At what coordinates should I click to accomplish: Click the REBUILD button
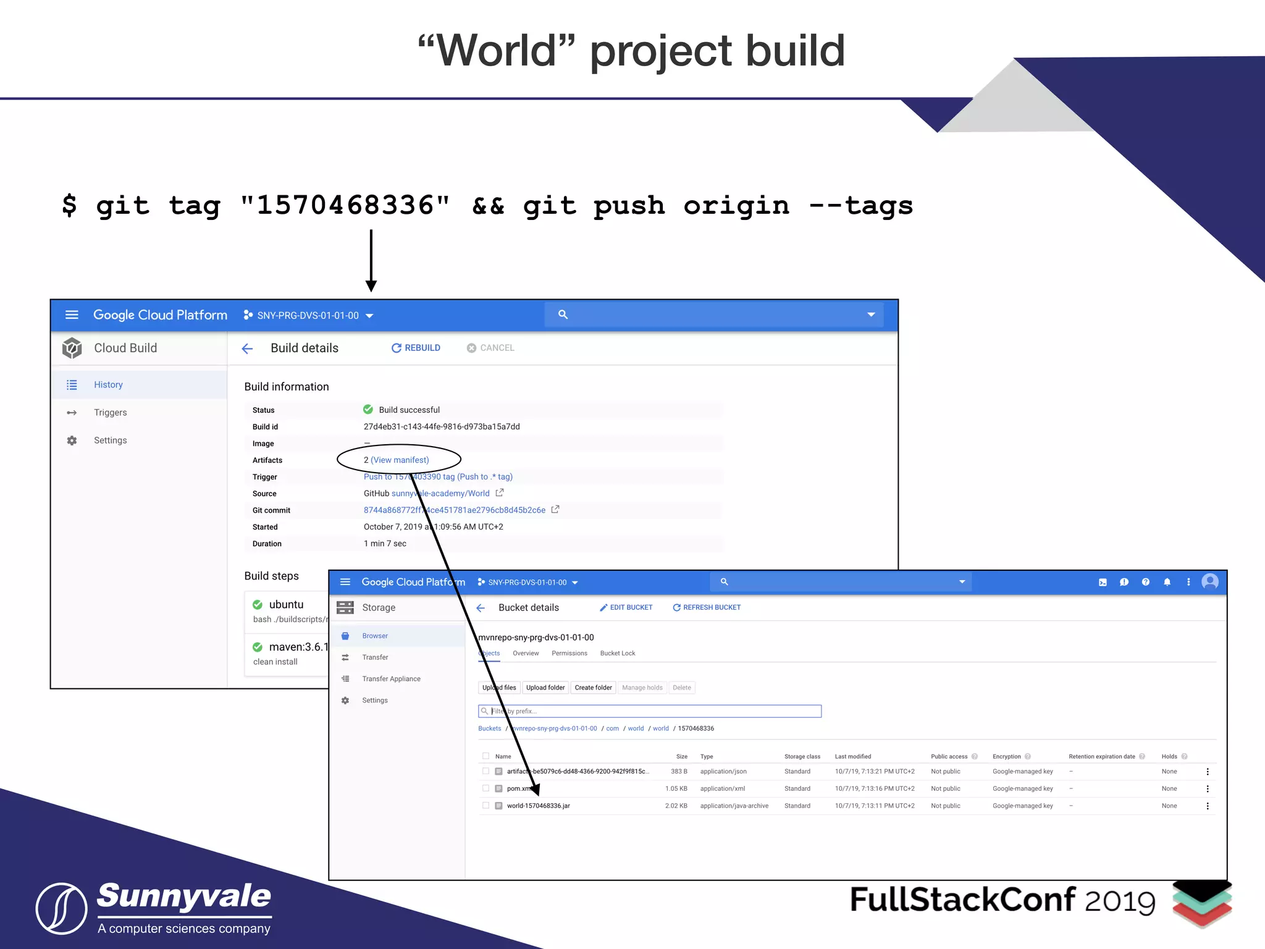pos(416,348)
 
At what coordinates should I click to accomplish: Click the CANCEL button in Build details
pos(490,348)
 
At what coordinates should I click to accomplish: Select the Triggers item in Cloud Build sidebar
pos(110,412)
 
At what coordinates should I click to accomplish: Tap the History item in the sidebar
pos(108,384)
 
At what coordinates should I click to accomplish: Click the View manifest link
pos(400,460)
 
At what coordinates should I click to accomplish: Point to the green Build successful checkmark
pos(368,410)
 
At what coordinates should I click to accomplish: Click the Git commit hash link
pos(454,510)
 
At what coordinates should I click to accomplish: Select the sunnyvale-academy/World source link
pos(440,493)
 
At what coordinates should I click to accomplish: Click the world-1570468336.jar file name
pos(538,806)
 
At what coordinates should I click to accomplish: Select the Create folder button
pos(593,688)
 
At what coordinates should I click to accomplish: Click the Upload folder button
pos(545,688)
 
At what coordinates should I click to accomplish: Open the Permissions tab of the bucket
pos(569,653)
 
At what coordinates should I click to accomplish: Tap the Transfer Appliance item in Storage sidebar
pos(391,678)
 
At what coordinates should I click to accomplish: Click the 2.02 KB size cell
pos(676,806)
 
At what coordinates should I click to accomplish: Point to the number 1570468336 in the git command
pos(345,205)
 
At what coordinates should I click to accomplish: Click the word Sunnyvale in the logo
pos(184,896)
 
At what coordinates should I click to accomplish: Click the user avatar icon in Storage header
pos(1209,581)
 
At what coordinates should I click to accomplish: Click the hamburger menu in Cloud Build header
pos(72,315)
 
